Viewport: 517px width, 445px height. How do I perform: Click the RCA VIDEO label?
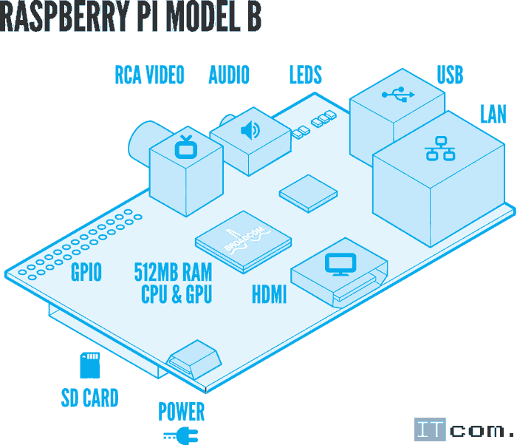point(149,75)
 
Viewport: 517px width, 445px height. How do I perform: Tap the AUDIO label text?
point(229,75)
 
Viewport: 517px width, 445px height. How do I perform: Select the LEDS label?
point(305,75)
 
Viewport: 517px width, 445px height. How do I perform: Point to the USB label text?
point(450,75)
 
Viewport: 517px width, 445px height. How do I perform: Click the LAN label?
point(493,114)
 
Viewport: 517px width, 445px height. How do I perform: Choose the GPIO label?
point(86,273)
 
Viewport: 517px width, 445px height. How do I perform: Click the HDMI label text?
point(269,296)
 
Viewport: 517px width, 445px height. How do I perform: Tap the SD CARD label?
point(89,398)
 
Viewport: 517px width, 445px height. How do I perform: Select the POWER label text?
point(182,411)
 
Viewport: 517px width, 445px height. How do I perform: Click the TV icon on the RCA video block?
point(185,147)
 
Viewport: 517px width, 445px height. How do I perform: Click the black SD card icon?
point(89,365)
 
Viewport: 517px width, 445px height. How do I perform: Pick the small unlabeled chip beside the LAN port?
point(309,193)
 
